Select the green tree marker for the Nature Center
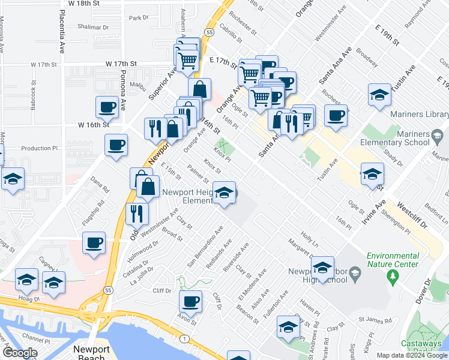click(x=394, y=277)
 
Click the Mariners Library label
click(x=418, y=114)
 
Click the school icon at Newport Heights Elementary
click(x=225, y=193)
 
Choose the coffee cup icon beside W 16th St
click(x=107, y=107)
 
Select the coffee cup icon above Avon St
click(x=190, y=301)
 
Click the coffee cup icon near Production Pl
click(x=116, y=145)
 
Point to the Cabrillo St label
click(x=230, y=34)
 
